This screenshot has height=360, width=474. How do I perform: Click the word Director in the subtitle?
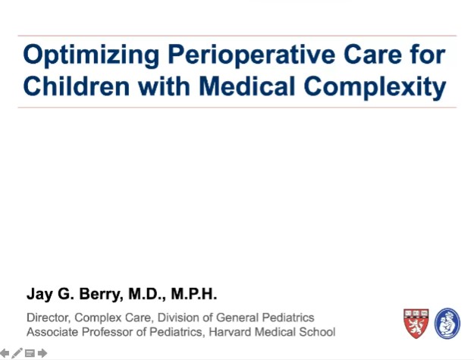point(48,318)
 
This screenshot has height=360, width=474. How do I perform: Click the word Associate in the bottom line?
point(52,332)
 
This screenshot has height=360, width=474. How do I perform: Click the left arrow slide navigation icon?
point(5,353)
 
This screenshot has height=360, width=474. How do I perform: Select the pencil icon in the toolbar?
point(17,353)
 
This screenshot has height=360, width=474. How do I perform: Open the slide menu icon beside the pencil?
point(30,353)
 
